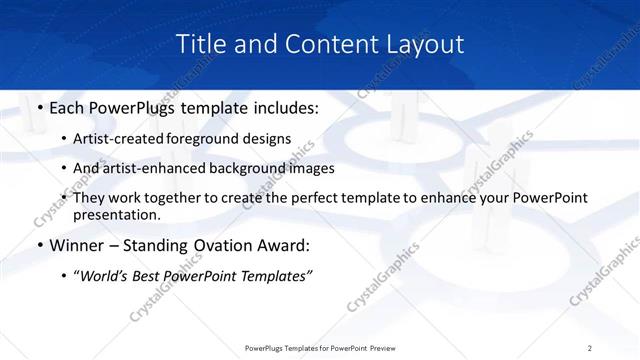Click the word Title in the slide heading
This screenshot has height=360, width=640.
tap(200, 44)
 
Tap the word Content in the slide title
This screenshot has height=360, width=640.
tap(323, 44)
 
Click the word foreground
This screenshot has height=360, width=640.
tap(220, 139)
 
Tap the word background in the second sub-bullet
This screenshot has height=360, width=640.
tap(272, 168)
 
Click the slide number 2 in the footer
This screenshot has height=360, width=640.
tap(590, 348)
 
